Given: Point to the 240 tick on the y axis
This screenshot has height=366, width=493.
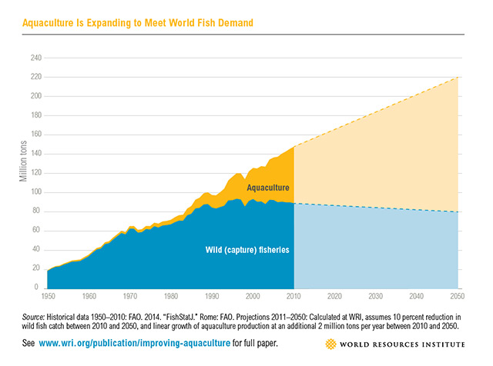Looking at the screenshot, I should click(35, 58).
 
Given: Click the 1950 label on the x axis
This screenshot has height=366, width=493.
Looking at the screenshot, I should click(47, 295).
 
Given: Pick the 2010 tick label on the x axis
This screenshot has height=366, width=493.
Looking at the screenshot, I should click(294, 295).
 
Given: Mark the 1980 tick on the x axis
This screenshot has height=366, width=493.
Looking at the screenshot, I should click(171, 295).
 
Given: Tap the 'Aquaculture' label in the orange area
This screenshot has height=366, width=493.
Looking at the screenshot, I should click(268, 187).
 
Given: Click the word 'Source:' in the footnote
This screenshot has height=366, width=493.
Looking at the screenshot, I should click(36, 316).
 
